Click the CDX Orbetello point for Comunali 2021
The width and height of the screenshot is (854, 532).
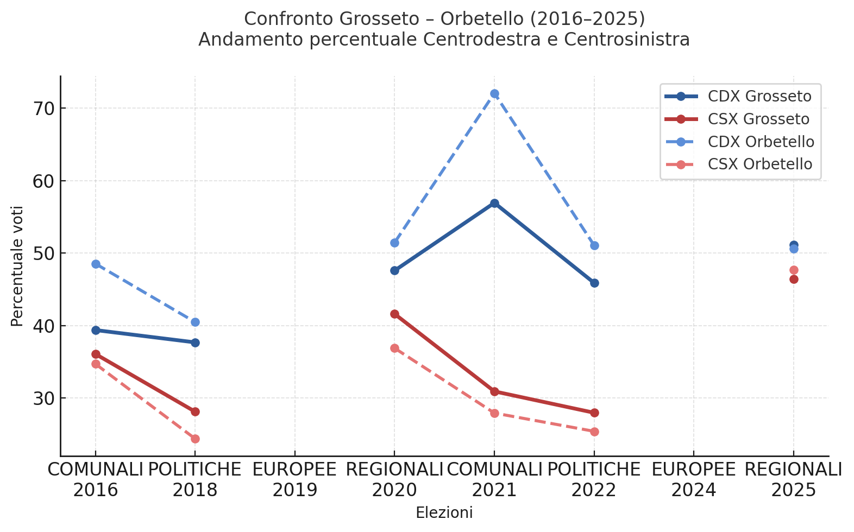click(494, 94)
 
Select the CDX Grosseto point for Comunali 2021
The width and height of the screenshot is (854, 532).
click(494, 204)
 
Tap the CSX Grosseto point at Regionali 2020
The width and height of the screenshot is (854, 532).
click(394, 314)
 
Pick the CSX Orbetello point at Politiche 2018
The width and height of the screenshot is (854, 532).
click(195, 439)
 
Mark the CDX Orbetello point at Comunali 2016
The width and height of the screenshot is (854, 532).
click(96, 264)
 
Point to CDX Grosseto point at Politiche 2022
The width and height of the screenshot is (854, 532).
click(594, 283)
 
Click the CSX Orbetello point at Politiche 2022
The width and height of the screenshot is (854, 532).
click(594, 432)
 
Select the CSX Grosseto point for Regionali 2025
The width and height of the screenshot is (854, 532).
click(794, 279)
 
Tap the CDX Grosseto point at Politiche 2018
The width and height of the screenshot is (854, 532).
click(195, 343)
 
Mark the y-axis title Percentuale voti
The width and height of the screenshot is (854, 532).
click(17, 266)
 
